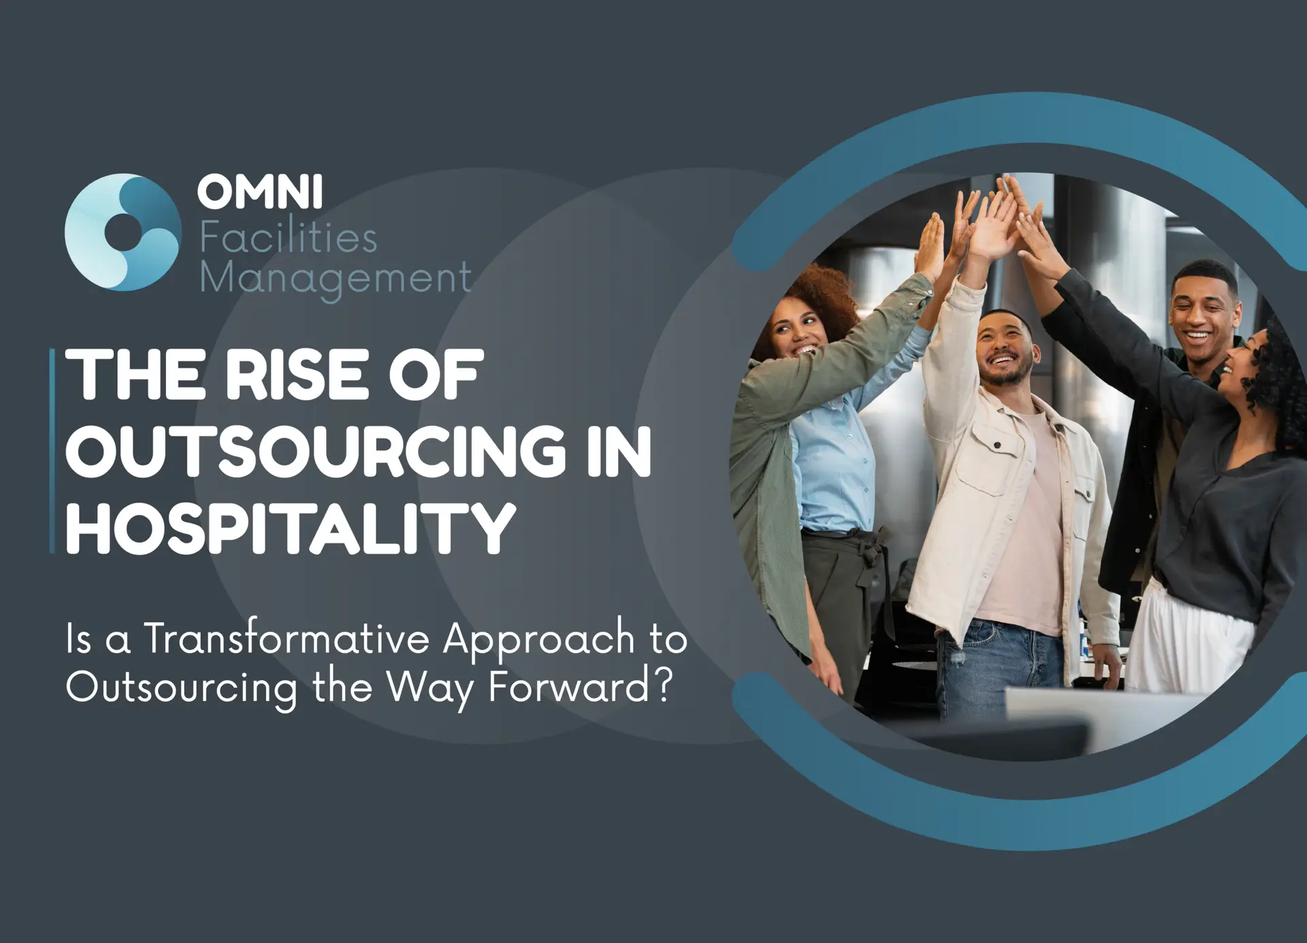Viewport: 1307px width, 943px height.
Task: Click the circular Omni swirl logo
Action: click(123, 232)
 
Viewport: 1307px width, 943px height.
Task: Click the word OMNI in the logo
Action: click(260, 191)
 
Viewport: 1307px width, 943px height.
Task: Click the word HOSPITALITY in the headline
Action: click(291, 528)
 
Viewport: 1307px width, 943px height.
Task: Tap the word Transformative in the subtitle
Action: click(287, 639)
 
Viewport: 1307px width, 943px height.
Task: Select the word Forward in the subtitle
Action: click(568, 686)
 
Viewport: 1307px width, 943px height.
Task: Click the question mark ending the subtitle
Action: click(663, 686)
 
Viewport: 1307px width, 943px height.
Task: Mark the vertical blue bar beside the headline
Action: click(52, 451)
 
